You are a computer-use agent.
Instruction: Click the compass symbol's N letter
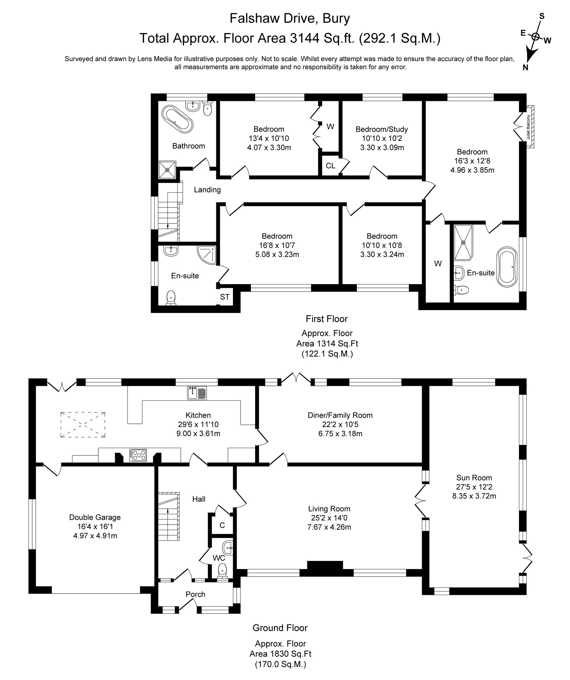click(x=526, y=67)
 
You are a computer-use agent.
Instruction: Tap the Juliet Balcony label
click(x=528, y=127)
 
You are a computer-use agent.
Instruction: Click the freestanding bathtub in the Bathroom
click(x=177, y=119)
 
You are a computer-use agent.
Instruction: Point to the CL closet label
click(x=330, y=166)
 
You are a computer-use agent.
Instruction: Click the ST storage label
click(x=225, y=297)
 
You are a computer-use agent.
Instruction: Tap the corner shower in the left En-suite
click(x=207, y=255)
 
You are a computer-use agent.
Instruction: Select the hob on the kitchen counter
click(x=138, y=455)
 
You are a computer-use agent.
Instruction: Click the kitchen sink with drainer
click(x=197, y=393)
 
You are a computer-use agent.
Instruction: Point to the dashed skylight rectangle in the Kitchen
click(x=83, y=425)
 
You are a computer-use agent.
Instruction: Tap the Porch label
click(x=195, y=594)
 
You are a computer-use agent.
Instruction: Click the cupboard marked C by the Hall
click(x=222, y=525)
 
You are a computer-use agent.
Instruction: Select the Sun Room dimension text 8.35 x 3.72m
click(x=474, y=496)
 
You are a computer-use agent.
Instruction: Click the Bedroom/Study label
click(x=382, y=129)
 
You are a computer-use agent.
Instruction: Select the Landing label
click(x=207, y=190)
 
